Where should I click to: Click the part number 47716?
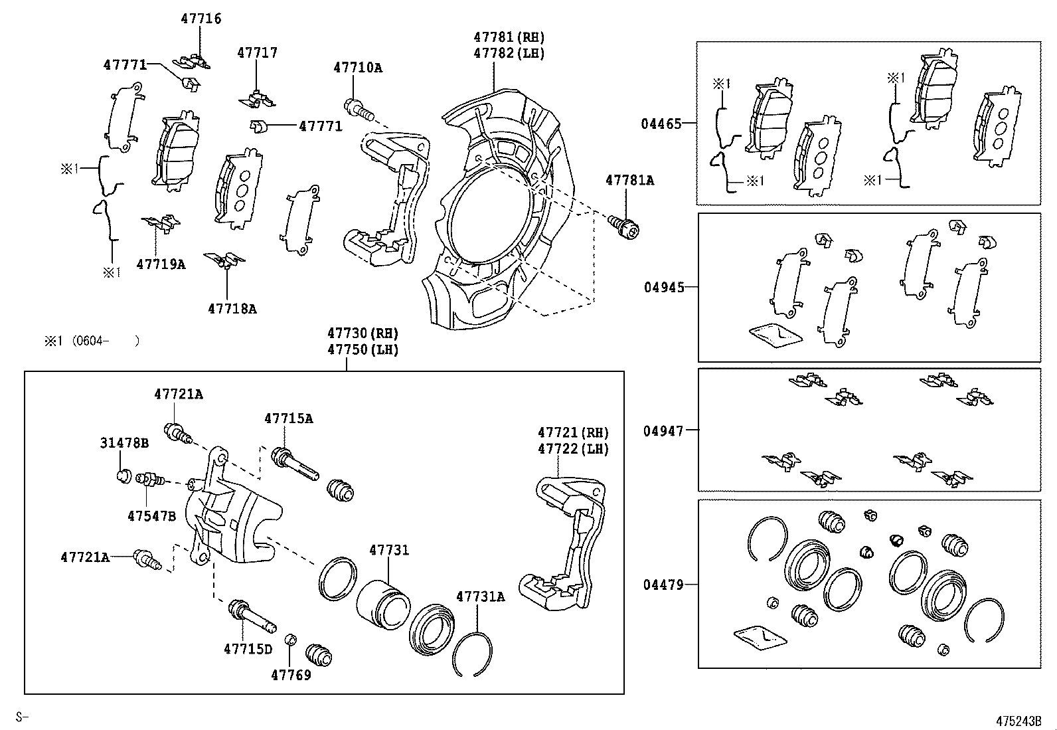[201, 19]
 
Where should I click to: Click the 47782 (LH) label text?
[509, 53]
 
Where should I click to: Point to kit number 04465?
[661, 124]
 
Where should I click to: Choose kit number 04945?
[663, 287]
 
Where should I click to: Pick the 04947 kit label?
[663, 430]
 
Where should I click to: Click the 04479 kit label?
[663, 585]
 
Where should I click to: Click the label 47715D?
[248, 648]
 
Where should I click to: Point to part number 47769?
[291, 675]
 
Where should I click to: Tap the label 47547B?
[151, 515]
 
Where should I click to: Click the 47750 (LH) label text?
[362, 349]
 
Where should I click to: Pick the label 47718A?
[232, 308]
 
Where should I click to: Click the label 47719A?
[161, 264]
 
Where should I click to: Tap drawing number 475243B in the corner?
[1018, 721]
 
